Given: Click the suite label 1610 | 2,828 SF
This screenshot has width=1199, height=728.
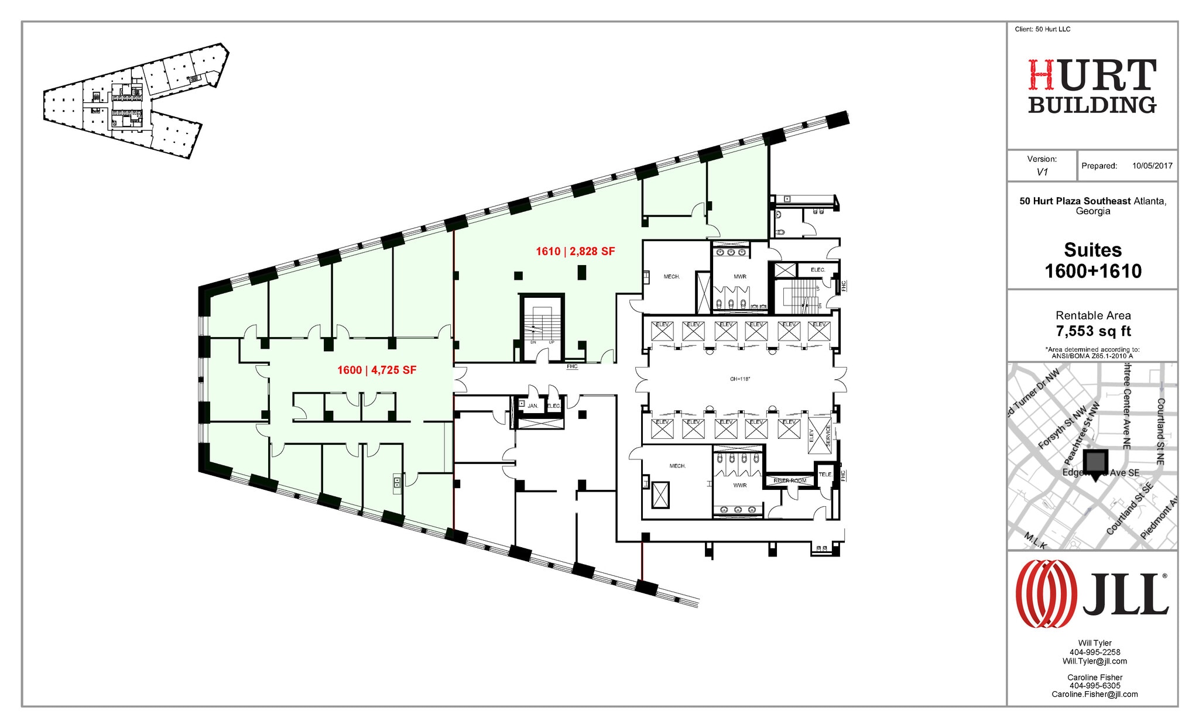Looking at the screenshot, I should pos(575,252).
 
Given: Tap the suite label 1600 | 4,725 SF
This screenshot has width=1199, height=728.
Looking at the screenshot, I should pos(376,370).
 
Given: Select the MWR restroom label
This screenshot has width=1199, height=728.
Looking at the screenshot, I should pos(739,277).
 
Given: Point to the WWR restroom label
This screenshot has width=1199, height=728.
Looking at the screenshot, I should pos(739,485).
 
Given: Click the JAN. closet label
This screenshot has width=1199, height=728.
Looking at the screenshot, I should pos(532,406).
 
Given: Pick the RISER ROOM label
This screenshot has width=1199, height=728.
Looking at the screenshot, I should pos(790,480).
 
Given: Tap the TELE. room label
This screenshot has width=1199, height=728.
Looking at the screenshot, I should pos(824,475).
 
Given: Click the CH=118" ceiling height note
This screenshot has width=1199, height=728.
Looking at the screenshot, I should pos(739,379).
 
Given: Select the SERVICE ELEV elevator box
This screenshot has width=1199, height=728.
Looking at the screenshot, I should pos(820,435).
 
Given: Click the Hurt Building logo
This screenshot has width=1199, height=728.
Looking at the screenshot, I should pos(1092,87).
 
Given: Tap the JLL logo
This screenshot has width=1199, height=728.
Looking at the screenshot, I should pos(1092,594).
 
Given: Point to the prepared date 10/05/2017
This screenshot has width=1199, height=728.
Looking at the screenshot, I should pos(1152,166).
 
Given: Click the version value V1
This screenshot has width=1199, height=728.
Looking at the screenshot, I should pos(1042,172).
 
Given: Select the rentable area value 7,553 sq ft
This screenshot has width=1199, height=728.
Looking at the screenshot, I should pos(1092,331).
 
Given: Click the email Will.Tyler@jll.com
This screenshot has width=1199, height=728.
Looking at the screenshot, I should pos(1094,661).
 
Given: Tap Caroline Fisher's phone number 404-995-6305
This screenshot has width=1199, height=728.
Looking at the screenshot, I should pos(1094,686).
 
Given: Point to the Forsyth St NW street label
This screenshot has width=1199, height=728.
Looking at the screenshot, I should pos(1061,427).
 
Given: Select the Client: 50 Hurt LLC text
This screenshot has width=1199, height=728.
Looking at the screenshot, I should pos(1042,29).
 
